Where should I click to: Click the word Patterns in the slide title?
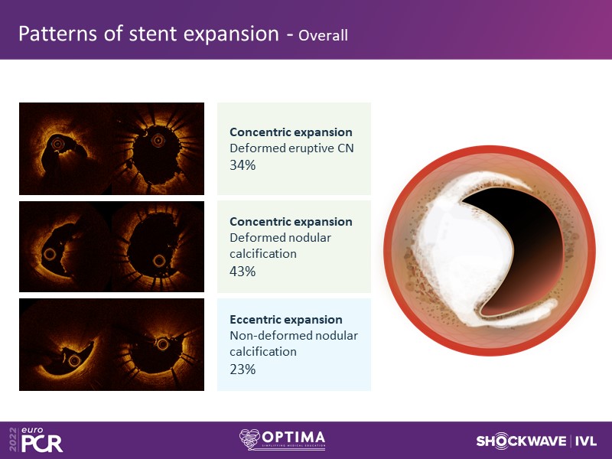(57, 34)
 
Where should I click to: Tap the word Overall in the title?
(323, 35)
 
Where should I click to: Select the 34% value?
(243, 165)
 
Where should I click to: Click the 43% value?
(243, 271)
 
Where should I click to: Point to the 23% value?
(243, 369)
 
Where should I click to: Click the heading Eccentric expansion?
(285, 320)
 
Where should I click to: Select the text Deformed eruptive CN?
(291, 148)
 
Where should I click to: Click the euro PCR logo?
(36, 440)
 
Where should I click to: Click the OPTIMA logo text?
(294, 438)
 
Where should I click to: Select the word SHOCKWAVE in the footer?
(521, 441)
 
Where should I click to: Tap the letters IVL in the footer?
(586, 441)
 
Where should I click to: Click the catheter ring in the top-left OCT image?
(57, 144)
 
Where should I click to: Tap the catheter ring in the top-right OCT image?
(158, 140)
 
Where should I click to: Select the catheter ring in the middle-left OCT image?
(50, 255)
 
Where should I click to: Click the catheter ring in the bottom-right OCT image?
(163, 344)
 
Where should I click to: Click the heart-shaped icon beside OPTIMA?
(250, 439)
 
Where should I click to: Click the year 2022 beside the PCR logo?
(13, 439)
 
